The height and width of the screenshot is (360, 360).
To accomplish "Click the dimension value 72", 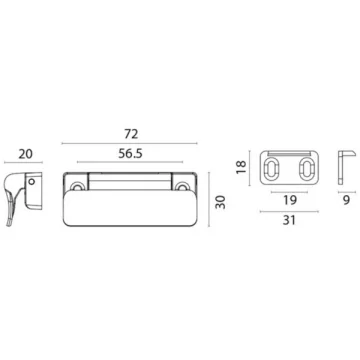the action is click(x=131, y=134).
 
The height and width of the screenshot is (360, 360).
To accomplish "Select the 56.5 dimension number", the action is click(x=130, y=154).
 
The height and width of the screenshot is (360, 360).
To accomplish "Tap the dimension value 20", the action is click(x=26, y=154).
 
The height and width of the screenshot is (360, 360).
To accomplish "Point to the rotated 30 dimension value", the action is click(x=220, y=202).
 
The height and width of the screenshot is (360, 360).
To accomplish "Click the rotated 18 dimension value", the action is click(x=241, y=167).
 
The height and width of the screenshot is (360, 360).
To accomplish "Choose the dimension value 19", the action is click(x=289, y=200).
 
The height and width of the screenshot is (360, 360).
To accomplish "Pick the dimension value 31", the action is click(x=289, y=220).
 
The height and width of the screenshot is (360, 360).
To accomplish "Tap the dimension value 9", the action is click(x=346, y=200).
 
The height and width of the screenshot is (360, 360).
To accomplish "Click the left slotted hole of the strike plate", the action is click(x=272, y=168).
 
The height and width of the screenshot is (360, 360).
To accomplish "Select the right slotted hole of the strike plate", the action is click(x=306, y=168).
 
